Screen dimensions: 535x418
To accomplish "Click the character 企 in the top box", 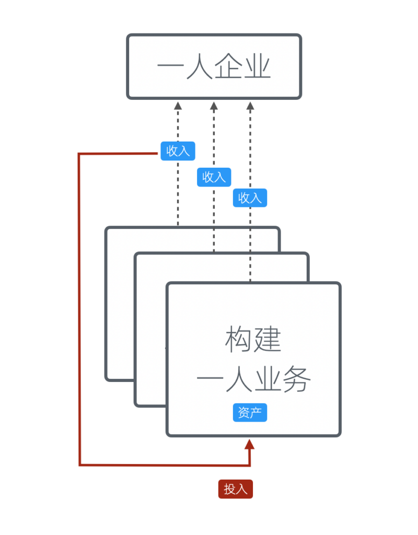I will tap(228, 68).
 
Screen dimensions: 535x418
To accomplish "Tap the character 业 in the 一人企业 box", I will tap(257, 68).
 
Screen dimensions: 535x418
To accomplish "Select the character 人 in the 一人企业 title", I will tap(199, 68).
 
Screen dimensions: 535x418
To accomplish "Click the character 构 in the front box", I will tap(239, 340).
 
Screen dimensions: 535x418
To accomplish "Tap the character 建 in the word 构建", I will tap(268, 340).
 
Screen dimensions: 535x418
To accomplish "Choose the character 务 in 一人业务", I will tap(297, 380).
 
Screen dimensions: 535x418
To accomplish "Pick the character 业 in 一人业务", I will tap(268, 380).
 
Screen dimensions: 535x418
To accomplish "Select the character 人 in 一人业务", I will tap(239, 380).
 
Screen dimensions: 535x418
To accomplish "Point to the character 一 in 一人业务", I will tap(211, 381).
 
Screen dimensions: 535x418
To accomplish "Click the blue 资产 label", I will tap(250, 413).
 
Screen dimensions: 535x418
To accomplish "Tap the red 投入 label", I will tap(235, 489).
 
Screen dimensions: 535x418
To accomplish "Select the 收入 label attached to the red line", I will tap(178, 151).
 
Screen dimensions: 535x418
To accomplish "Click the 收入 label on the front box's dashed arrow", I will tap(250, 198).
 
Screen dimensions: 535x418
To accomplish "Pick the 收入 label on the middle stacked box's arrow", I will tap(214, 177).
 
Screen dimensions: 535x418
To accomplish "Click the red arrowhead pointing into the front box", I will tap(250, 445).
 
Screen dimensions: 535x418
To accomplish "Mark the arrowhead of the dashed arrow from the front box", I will tap(250, 106).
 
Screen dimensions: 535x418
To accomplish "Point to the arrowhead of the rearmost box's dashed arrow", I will tap(178, 106).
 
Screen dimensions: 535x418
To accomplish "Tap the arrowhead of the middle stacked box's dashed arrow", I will tap(213, 106).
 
